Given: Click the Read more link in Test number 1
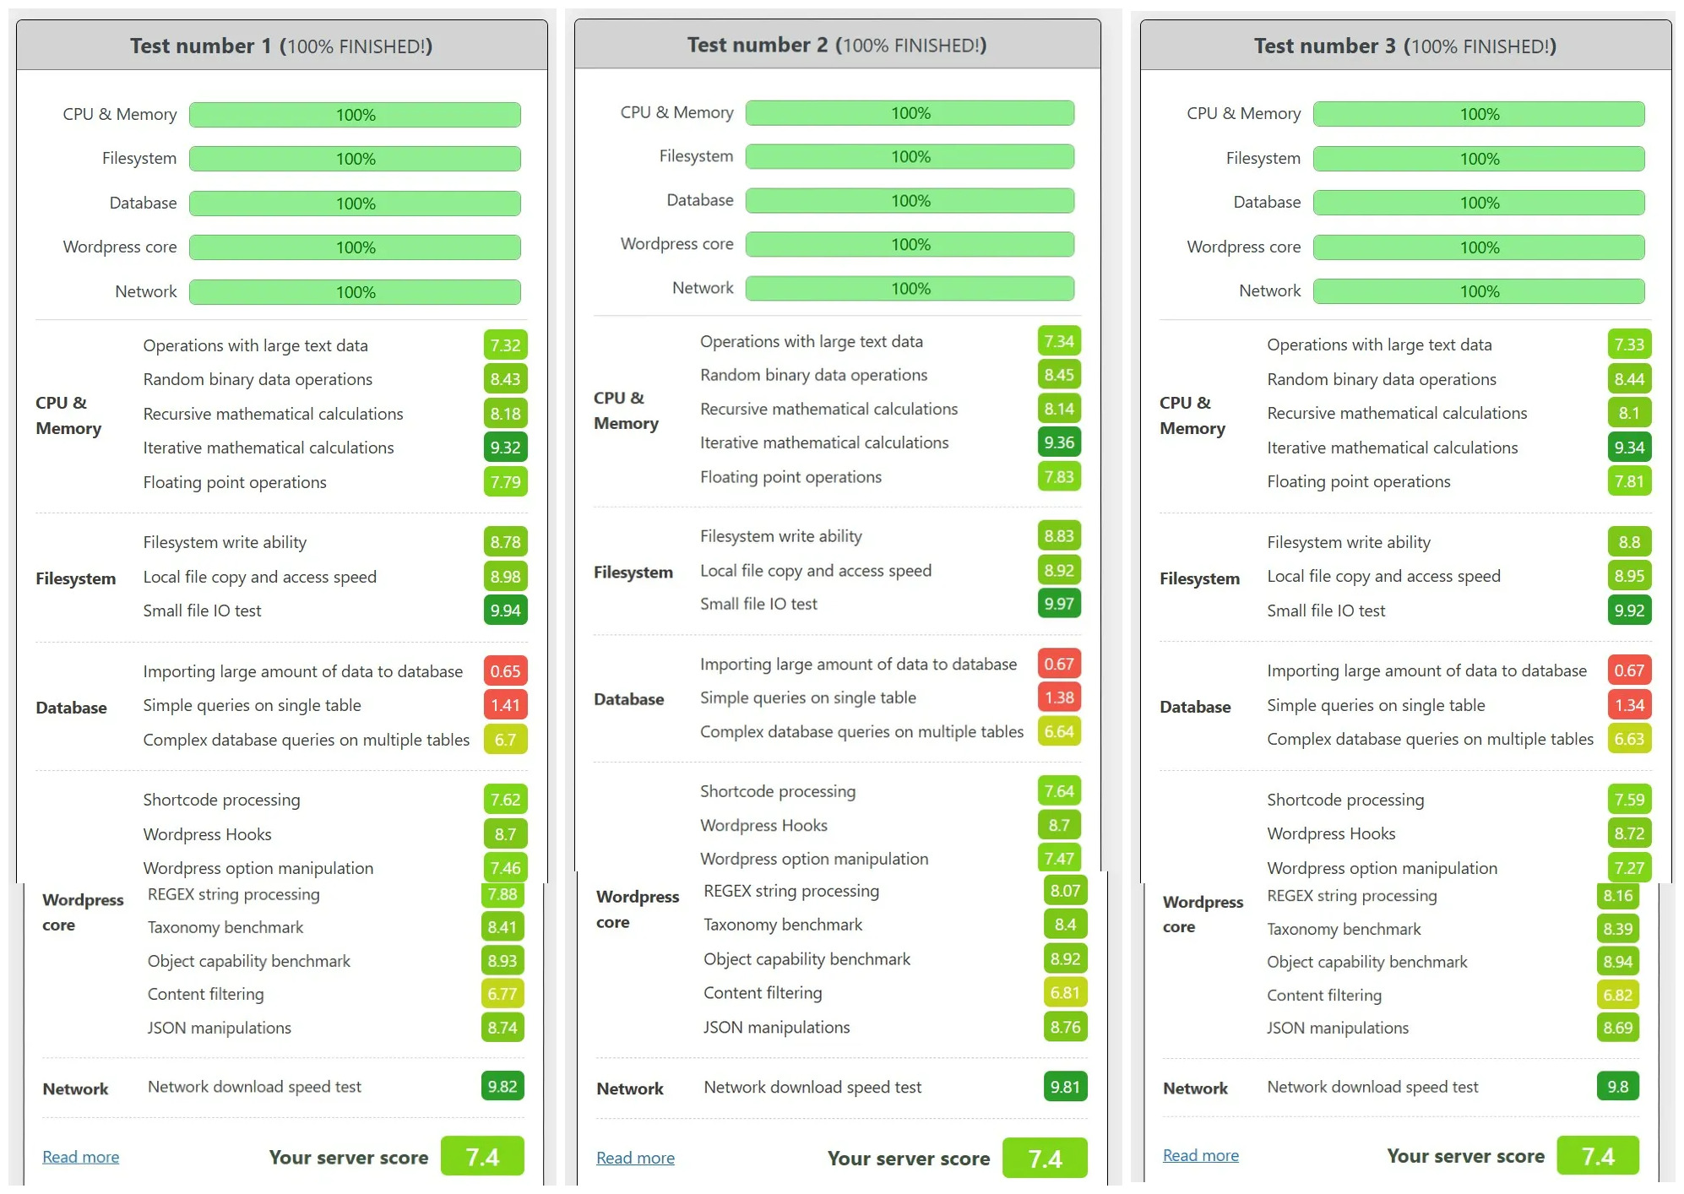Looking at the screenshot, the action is click(x=81, y=1157).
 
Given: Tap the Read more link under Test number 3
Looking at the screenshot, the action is click(x=1201, y=1155).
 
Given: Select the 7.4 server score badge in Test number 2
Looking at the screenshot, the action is click(x=1045, y=1159).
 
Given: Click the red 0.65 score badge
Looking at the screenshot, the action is click(x=505, y=671).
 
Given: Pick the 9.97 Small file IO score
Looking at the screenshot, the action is click(x=1059, y=604).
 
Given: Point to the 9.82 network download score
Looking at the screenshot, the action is click(x=502, y=1087).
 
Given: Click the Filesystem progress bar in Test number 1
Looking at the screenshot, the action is click(x=356, y=159).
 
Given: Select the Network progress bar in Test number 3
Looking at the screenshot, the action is click(x=1480, y=291).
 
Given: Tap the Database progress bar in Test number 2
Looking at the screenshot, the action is click(x=910, y=201).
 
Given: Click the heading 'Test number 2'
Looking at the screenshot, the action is click(x=757, y=45).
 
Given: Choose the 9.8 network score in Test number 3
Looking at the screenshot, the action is click(x=1618, y=1087).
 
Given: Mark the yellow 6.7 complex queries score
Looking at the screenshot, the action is click(x=505, y=740).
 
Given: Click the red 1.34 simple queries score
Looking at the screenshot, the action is click(x=1629, y=705).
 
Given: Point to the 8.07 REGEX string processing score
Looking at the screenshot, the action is click(x=1065, y=891).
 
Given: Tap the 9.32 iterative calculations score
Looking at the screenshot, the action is click(x=505, y=448).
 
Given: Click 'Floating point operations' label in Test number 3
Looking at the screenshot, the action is click(x=1359, y=481).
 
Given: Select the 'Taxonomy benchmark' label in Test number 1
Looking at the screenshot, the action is click(x=225, y=927).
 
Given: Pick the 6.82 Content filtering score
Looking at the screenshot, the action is click(x=1618, y=995).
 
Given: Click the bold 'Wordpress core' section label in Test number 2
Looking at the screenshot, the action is click(x=638, y=909).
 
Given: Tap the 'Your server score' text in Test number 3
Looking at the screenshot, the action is click(x=1465, y=1156).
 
